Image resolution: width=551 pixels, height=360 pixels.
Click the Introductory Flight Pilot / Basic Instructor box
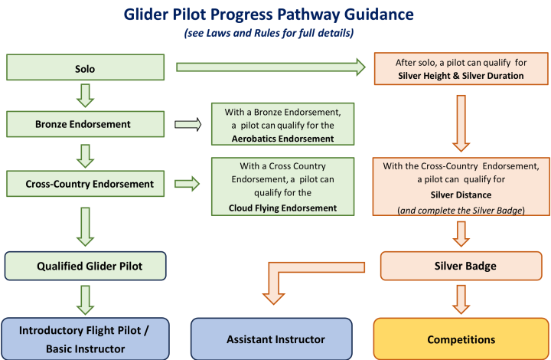[x=83, y=338]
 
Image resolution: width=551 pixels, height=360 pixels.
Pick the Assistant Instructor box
[x=271, y=339]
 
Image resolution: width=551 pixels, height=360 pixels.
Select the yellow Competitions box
[x=459, y=339]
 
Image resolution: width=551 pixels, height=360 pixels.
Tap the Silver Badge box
[x=459, y=267]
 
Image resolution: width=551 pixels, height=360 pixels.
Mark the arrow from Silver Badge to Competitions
[x=459, y=299]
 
